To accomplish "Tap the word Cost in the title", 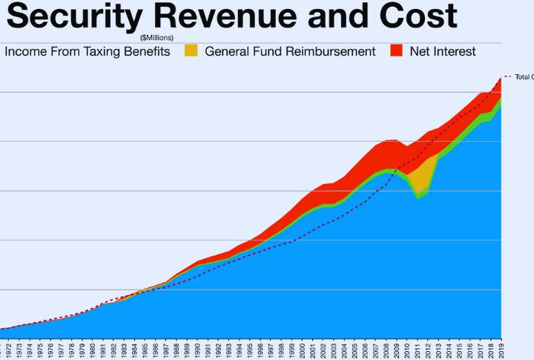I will (x=415, y=16).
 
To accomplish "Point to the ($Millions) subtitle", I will (x=156, y=36).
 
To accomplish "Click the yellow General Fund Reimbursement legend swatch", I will (x=191, y=51).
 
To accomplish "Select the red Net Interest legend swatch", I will (x=396, y=51).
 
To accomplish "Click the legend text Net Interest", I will (x=443, y=52).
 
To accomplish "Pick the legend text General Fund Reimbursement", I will (x=290, y=52).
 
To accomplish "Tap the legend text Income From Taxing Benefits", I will (x=87, y=52).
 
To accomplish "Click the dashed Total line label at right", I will (x=524, y=77).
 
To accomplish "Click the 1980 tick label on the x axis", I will (x=93, y=349).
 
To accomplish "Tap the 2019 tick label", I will (x=501, y=349).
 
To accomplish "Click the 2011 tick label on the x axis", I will (x=418, y=349).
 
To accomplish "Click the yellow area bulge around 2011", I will (x=421, y=178).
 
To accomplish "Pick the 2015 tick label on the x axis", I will (x=460, y=349).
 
